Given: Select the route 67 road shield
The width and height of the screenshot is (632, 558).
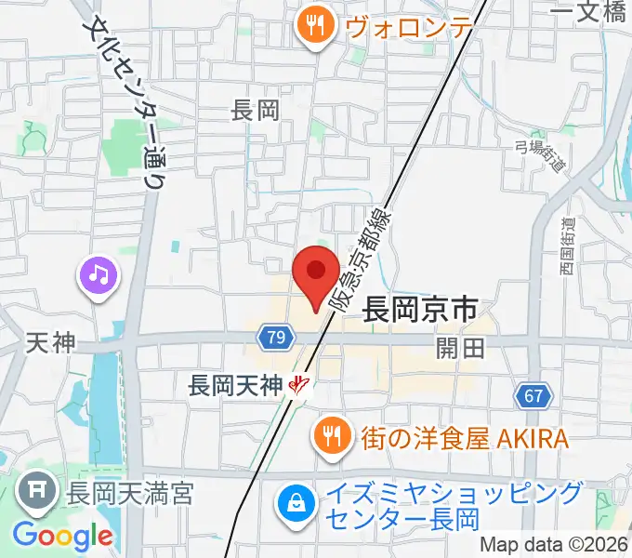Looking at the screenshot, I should pyautogui.click(x=532, y=396).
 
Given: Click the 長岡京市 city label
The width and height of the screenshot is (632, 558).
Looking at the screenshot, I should pyautogui.click(x=420, y=308).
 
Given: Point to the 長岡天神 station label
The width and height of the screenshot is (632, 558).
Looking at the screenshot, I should pyautogui.click(x=235, y=383).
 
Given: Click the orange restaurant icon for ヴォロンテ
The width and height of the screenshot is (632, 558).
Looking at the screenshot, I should pyautogui.click(x=316, y=25).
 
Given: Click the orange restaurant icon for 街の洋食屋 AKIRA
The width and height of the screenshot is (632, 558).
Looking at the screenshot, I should pyautogui.click(x=330, y=436).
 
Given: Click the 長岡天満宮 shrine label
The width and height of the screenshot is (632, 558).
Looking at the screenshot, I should pyautogui.click(x=128, y=493).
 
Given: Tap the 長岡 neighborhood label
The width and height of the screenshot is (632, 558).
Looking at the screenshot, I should pyautogui.click(x=256, y=112).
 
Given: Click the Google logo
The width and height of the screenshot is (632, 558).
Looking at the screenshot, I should pyautogui.click(x=62, y=536).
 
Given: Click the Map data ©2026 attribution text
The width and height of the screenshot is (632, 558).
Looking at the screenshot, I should pyautogui.click(x=553, y=546).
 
